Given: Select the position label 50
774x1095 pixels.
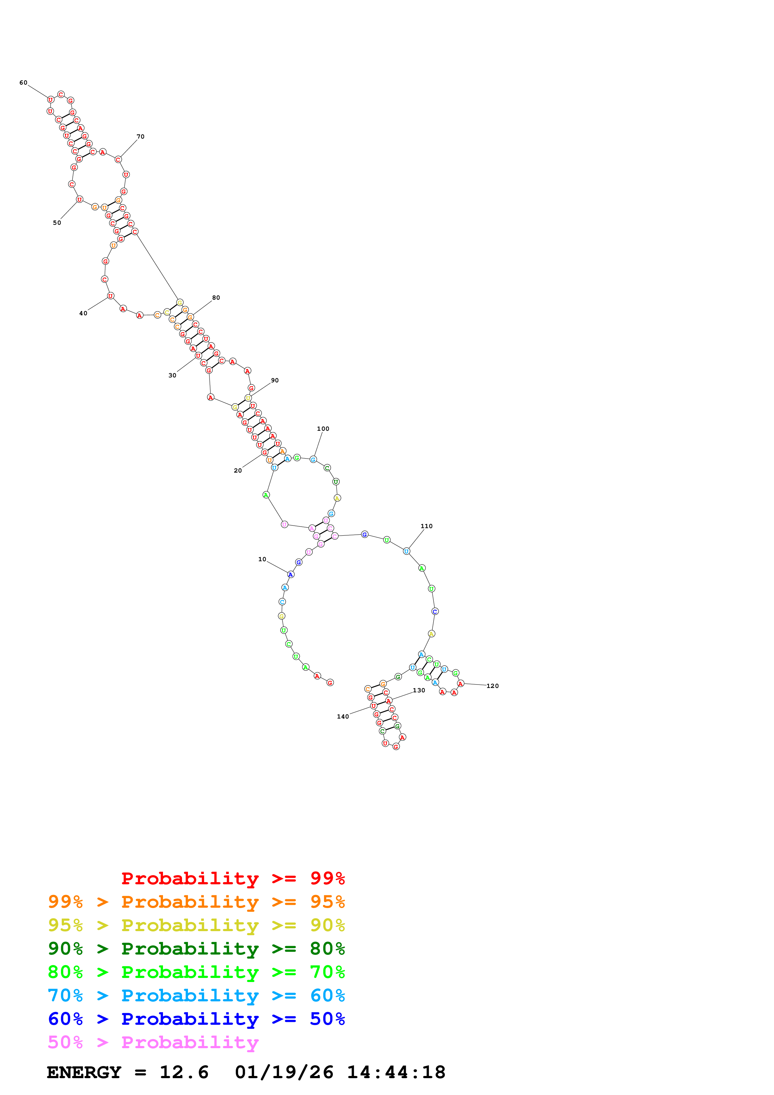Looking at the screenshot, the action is click(x=57, y=223).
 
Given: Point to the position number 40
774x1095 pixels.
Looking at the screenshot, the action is click(x=83, y=313).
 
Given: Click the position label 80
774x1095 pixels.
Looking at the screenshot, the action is click(x=216, y=297).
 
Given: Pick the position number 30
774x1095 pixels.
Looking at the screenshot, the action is click(x=172, y=375).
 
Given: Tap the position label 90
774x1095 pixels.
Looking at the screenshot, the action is click(x=275, y=380).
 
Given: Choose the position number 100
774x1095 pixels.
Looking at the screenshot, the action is click(x=323, y=429).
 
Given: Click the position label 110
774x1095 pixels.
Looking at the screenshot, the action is click(x=426, y=526).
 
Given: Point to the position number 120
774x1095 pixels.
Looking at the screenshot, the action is click(x=493, y=686).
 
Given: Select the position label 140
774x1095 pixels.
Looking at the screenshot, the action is click(x=343, y=716).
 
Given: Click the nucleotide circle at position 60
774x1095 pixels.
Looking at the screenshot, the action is click(x=51, y=100).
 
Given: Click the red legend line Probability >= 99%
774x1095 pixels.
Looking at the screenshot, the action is click(x=233, y=878).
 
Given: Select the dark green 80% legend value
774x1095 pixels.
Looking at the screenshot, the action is click(x=327, y=949).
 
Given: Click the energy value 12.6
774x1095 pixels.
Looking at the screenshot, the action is click(x=184, y=1072).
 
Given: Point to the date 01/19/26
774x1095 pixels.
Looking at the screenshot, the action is click(x=284, y=1072).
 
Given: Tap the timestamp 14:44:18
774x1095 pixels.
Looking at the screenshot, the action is click(x=396, y=1072).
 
